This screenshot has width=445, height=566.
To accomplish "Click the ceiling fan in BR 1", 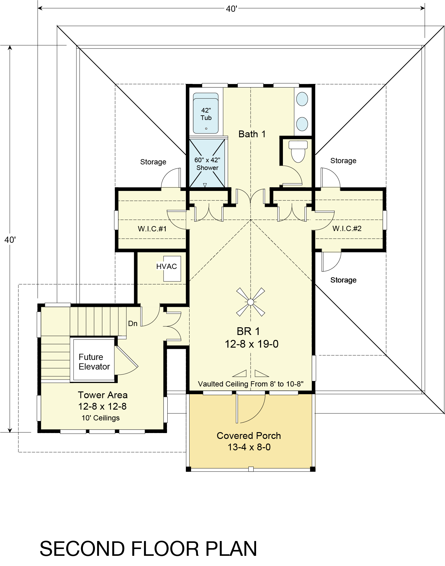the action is (x=251, y=302).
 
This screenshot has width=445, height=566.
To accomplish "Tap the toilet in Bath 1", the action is (x=298, y=151).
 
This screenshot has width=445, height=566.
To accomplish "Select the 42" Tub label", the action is (x=206, y=114).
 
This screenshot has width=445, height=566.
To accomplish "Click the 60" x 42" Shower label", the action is (x=207, y=164).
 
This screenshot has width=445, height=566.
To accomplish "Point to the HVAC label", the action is (x=166, y=266).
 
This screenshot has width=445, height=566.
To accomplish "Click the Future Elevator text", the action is (x=94, y=361).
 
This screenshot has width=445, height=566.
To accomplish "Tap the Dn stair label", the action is (x=133, y=324).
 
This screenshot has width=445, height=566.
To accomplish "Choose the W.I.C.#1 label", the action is (x=152, y=229).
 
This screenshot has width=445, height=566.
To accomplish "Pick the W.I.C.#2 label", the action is (x=347, y=229).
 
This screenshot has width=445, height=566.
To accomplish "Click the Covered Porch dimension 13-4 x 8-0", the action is (x=249, y=447).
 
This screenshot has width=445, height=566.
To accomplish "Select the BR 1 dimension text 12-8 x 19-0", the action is (x=251, y=344).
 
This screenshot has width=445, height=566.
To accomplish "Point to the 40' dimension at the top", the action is (x=231, y=9).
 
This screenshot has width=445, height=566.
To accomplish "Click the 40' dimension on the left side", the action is (x=10, y=240).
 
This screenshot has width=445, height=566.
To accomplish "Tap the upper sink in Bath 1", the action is (x=302, y=99).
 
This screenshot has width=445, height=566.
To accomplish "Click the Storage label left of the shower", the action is (x=153, y=162).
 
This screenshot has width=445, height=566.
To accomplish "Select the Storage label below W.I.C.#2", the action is (x=343, y=280).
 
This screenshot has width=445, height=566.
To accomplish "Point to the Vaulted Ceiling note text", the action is (x=251, y=384).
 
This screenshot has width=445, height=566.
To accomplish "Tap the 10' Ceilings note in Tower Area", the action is (x=100, y=418).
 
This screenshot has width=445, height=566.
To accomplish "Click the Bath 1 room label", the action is (x=252, y=134).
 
